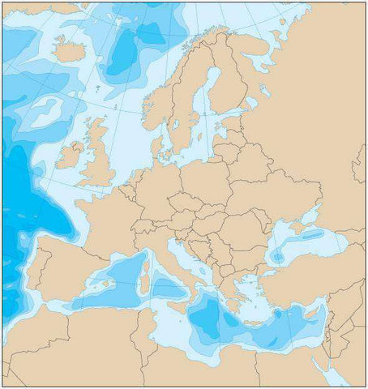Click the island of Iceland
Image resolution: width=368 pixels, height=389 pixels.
71,51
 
